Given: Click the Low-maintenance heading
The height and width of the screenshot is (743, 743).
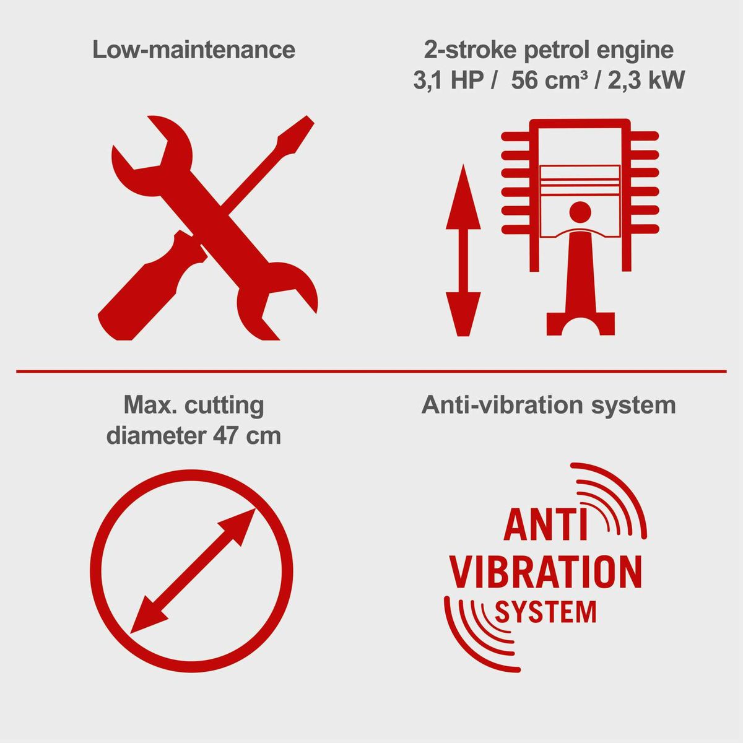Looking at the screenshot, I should tap(194, 50).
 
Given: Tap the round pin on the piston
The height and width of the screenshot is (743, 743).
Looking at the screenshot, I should tap(580, 212).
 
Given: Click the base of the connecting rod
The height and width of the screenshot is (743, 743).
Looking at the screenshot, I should tap(580, 323).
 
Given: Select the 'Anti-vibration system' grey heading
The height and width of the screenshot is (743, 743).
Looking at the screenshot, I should tap(549, 405).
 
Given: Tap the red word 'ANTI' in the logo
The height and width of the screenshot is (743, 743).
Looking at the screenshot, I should tap(539, 525).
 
